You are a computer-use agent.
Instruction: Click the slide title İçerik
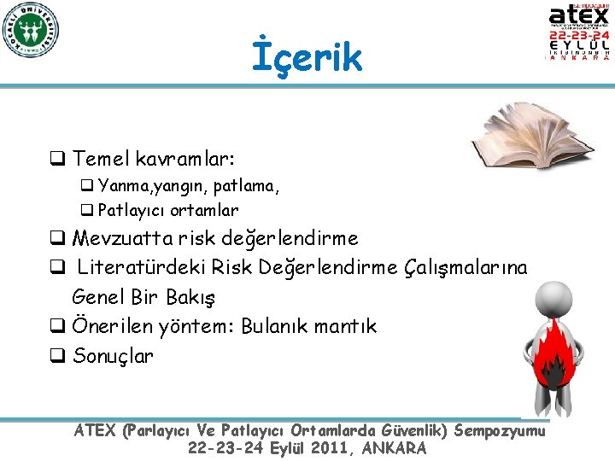point(307,57)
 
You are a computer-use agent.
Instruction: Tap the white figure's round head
point(556,298)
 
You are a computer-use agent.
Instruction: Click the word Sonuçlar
point(114,355)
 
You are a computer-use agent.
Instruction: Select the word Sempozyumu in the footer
point(500,431)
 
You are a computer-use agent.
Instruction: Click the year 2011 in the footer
point(321,448)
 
